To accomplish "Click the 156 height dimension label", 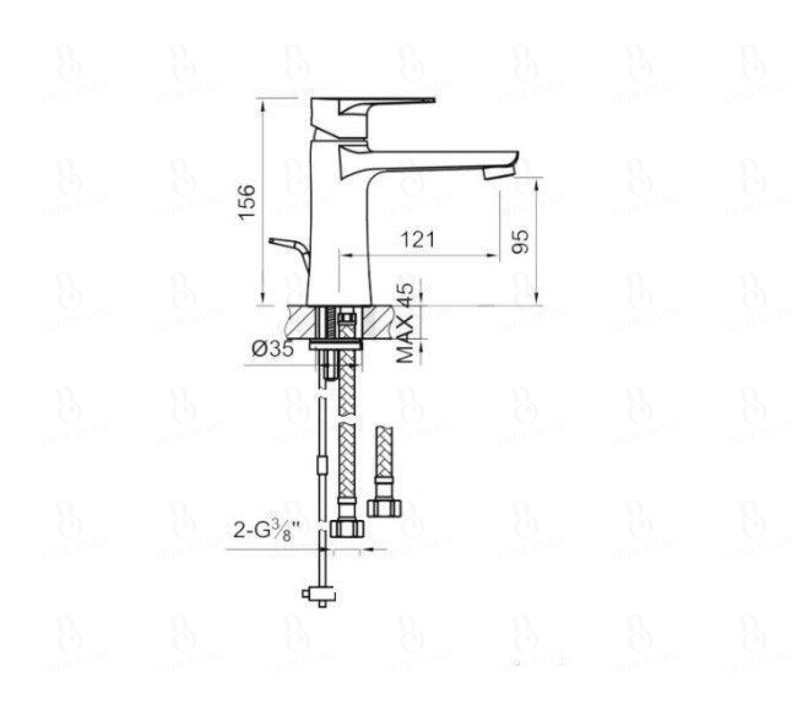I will point(247,202).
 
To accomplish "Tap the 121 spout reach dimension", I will point(418,240).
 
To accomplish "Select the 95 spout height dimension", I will point(521,241).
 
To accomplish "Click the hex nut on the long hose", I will point(347,529).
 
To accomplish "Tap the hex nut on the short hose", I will point(384,508).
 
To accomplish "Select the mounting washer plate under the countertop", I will point(335,345).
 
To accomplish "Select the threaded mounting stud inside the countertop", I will point(331,323).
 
